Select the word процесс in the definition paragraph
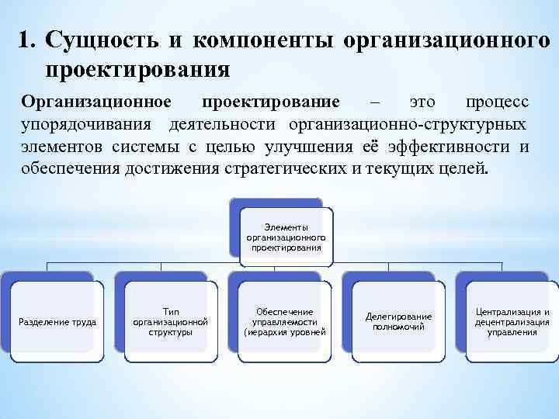pos(498,103)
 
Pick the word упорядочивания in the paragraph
pos(86,125)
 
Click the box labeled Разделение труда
pos(57,321)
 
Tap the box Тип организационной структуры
pos(171,321)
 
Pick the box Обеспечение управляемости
pos(284,321)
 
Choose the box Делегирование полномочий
pos(398,321)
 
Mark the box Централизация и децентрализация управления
pos(512,321)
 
